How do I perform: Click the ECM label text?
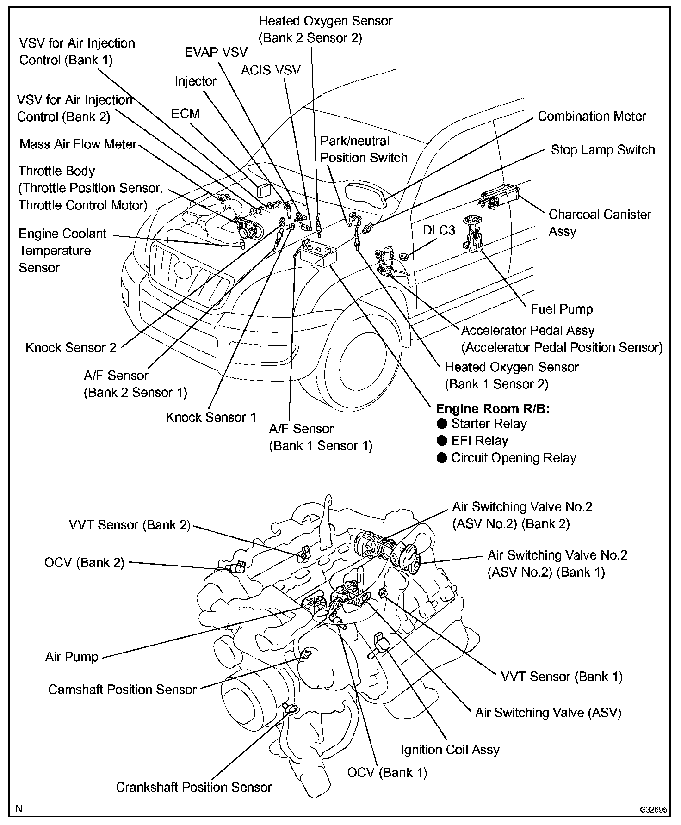[186, 113]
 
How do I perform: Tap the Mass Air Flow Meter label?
[78, 144]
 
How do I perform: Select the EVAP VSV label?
[216, 52]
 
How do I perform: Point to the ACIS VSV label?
[271, 70]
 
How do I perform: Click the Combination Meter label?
[592, 116]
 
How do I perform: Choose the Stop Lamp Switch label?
[603, 150]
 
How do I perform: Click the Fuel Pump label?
[562, 309]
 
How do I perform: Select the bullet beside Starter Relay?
[442, 424]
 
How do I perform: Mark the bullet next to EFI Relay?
[442, 441]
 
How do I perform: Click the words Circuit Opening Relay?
[514, 458]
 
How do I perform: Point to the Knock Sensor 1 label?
[211, 417]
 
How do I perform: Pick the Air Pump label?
[72, 657]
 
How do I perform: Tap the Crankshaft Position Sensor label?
[194, 787]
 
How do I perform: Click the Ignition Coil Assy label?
[450, 750]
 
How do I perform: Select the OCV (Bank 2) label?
[84, 562]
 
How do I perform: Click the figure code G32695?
[653, 810]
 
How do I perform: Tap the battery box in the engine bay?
[318, 255]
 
